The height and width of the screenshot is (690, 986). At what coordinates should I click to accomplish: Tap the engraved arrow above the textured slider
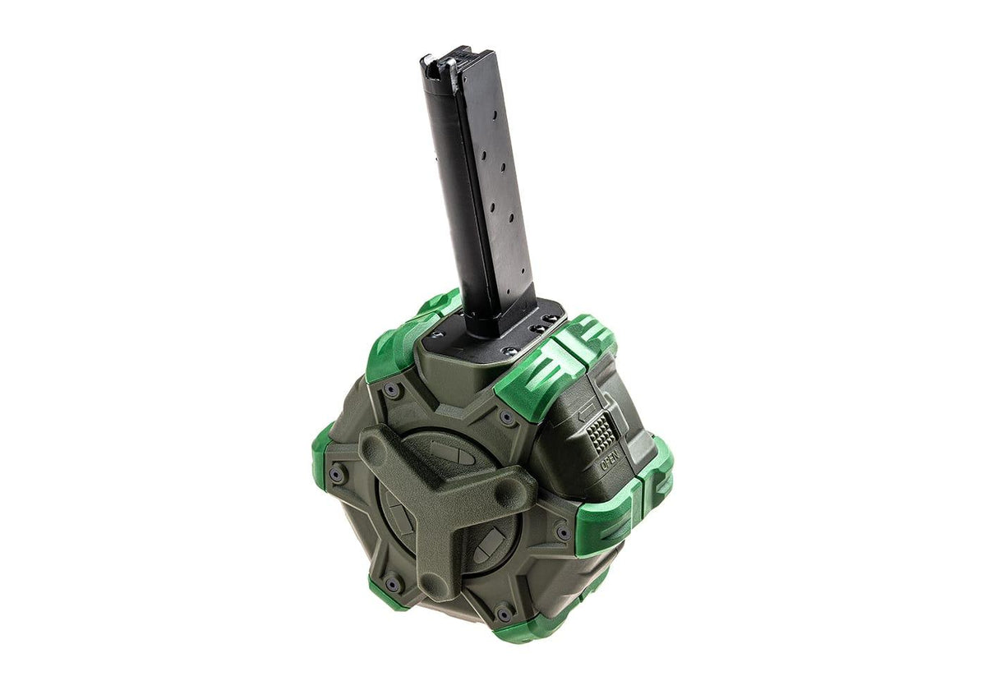pos(589,411)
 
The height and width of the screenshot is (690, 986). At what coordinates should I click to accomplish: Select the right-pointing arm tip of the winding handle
pos(516,492)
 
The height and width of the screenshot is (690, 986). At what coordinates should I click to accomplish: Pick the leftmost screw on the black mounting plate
pos(436,334)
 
